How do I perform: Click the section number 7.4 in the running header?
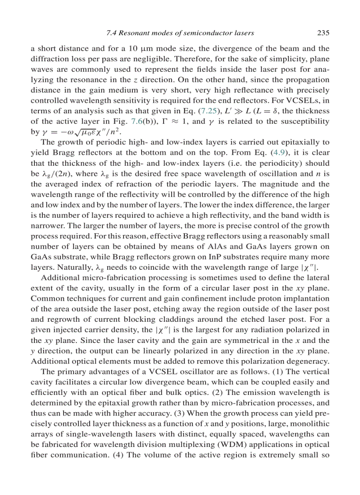112,33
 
